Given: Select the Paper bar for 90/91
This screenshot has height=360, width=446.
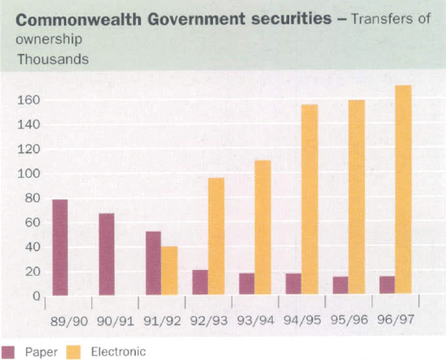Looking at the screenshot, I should pyautogui.click(x=106, y=254).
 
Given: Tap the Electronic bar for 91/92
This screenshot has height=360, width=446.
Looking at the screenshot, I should pyautogui.click(x=169, y=271).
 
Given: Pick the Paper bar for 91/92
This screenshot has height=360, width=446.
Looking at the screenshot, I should pyautogui.click(x=153, y=263).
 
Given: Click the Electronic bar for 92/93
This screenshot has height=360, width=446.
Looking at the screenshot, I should pyautogui.click(x=216, y=237).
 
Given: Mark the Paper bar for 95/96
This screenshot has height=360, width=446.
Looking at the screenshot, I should pyautogui.click(x=340, y=286).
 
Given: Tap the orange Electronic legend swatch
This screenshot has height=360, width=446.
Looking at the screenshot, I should pyautogui.click(x=75, y=350).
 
